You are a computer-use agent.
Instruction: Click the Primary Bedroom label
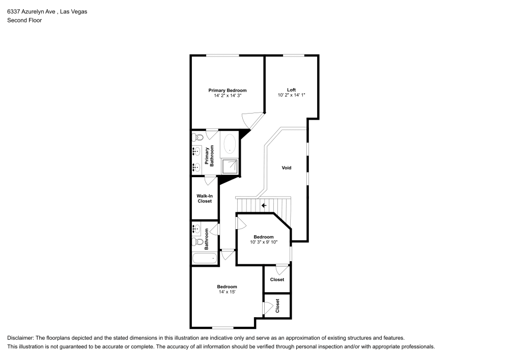click(x=228, y=90)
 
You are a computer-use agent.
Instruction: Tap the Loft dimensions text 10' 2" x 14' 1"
click(x=291, y=95)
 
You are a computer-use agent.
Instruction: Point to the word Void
click(x=287, y=168)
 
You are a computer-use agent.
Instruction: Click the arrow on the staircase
click(x=264, y=205)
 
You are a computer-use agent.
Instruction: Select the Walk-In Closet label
click(x=204, y=198)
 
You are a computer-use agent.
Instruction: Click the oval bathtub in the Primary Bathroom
click(x=230, y=144)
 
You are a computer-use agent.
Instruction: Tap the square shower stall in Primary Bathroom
click(x=230, y=166)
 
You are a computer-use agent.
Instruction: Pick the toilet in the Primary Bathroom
click(x=197, y=136)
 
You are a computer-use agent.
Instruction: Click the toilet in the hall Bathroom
click(x=196, y=241)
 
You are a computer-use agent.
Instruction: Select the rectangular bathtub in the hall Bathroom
click(x=204, y=258)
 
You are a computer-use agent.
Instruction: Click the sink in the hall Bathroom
click(x=196, y=228)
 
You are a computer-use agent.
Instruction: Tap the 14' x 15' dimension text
click(x=227, y=292)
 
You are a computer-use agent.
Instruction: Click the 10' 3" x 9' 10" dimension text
click(x=264, y=242)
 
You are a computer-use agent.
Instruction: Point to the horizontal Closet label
click(x=277, y=280)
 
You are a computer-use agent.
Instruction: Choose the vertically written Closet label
click(x=277, y=306)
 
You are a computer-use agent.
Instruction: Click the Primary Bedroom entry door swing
click(x=251, y=120)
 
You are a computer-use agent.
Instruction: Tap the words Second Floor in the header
click(x=24, y=20)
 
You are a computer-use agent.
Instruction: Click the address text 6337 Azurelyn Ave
click(x=31, y=11)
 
